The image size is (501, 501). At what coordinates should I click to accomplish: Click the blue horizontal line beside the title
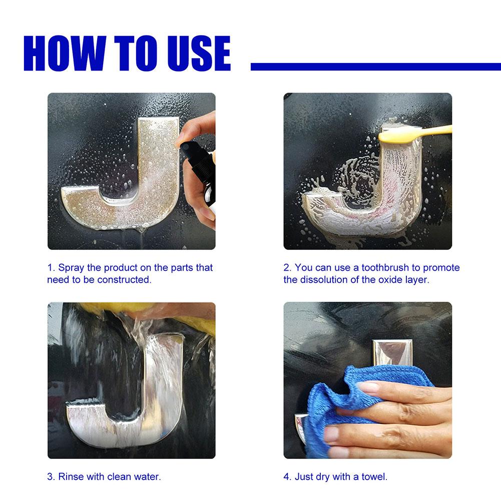pos(375,67)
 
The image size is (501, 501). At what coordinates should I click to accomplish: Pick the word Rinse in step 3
pos(71,476)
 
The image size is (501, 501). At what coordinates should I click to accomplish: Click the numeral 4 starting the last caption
pos(286,476)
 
